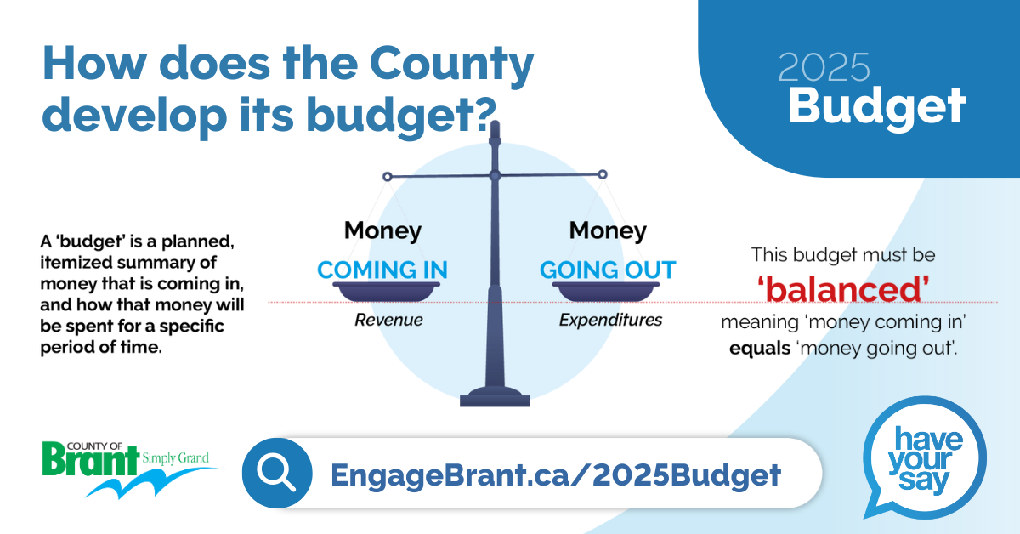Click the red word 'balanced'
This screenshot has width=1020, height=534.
pyautogui.click(x=843, y=290)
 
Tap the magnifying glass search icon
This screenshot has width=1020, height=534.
pyautogui.click(x=277, y=473)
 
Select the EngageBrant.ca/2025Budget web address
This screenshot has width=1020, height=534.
pyautogui.click(x=556, y=474)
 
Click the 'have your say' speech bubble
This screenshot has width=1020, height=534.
pyautogui.click(x=925, y=457)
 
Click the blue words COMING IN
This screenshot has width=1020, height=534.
pyautogui.click(x=382, y=270)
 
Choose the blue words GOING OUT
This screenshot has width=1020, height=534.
pyautogui.click(x=608, y=270)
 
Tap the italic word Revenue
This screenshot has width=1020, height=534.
pyautogui.click(x=388, y=320)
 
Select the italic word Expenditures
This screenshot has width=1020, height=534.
pyautogui.click(x=610, y=320)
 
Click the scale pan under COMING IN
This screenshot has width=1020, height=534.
pyautogui.click(x=386, y=292)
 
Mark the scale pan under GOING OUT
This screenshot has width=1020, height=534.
pyautogui.click(x=606, y=292)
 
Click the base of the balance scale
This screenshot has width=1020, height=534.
pyautogui.click(x=495, y=397)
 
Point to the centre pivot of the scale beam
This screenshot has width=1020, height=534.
pyautogui.click(x=495, y=175)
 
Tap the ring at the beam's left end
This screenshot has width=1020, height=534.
pyautogui.click(x=387, y=177)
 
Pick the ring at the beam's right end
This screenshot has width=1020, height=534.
pyautogui.click(x=603, y=174)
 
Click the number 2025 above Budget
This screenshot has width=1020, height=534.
pyautogui.click(x=824, y=67)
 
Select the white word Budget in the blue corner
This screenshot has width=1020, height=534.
pyautogui.click(x=877, y=107)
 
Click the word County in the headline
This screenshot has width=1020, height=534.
pyautogui.click(x=451, y=65)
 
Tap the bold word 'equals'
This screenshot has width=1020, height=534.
pyautogui.click(x=760, y=349)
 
